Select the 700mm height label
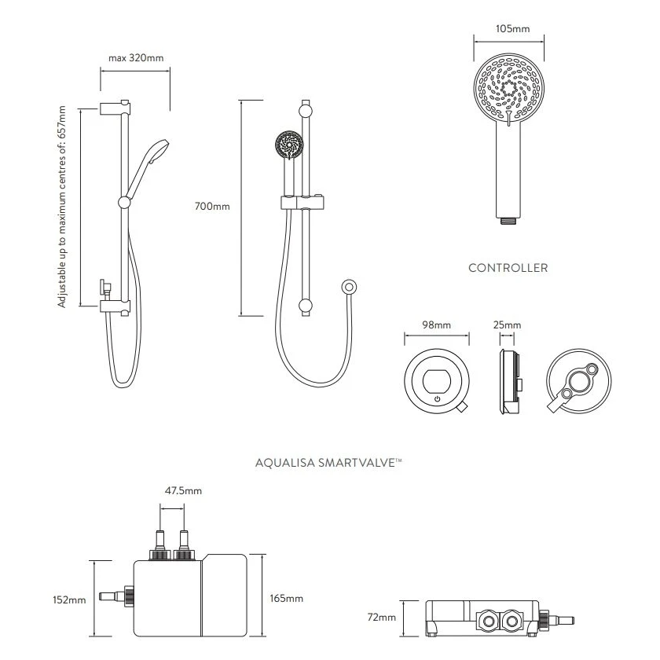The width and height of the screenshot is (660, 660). (x=212, y=207)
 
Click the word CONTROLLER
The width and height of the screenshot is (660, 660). (x=508, y=268)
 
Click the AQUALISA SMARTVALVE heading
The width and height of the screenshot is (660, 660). (x=329, y=464)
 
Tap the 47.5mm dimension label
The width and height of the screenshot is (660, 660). (x=183, y=491)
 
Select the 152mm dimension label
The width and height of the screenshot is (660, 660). (x=71, y=600)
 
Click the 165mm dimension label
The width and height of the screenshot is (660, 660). (x=287, y=599)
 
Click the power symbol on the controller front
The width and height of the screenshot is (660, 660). (x=437, y=400)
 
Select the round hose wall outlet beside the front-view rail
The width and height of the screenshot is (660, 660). (x=349, y=288)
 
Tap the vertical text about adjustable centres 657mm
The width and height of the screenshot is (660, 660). (x=63, y=207)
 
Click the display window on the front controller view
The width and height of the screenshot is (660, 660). (x=437, y=381)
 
